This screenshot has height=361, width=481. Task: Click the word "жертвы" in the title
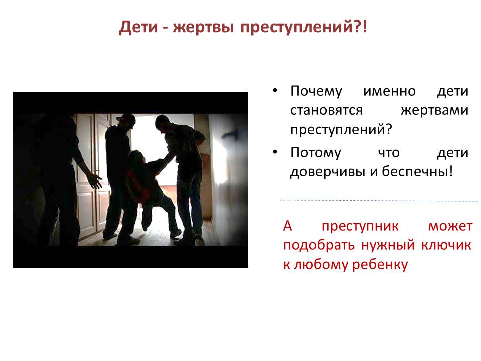(x=203, y=27)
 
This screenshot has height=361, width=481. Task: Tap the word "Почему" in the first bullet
(x=316, y=92)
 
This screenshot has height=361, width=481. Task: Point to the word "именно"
(x=389, y=91)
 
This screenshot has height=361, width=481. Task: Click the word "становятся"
(x=326, y=110)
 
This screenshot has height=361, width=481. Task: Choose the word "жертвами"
(x=434, y=110)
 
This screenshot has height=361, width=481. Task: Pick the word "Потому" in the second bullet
(x=315, y=153)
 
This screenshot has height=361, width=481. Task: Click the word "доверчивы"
(x=328, y=172)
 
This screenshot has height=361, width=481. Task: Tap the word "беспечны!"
(x=417, y=171)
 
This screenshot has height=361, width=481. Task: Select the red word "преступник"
(x=360, y=227)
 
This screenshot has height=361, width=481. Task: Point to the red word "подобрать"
(x=319, y=246)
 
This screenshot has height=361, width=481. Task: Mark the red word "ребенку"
(x=380, y=264)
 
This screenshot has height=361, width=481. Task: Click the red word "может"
(x=450, y=227)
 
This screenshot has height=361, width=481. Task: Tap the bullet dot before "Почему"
(x=275, y=91)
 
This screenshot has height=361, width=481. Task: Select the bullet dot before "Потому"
(x=275, y=152)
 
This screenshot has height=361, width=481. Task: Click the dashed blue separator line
(x=379, y=201)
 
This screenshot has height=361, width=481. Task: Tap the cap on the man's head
(x=126, y=119)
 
